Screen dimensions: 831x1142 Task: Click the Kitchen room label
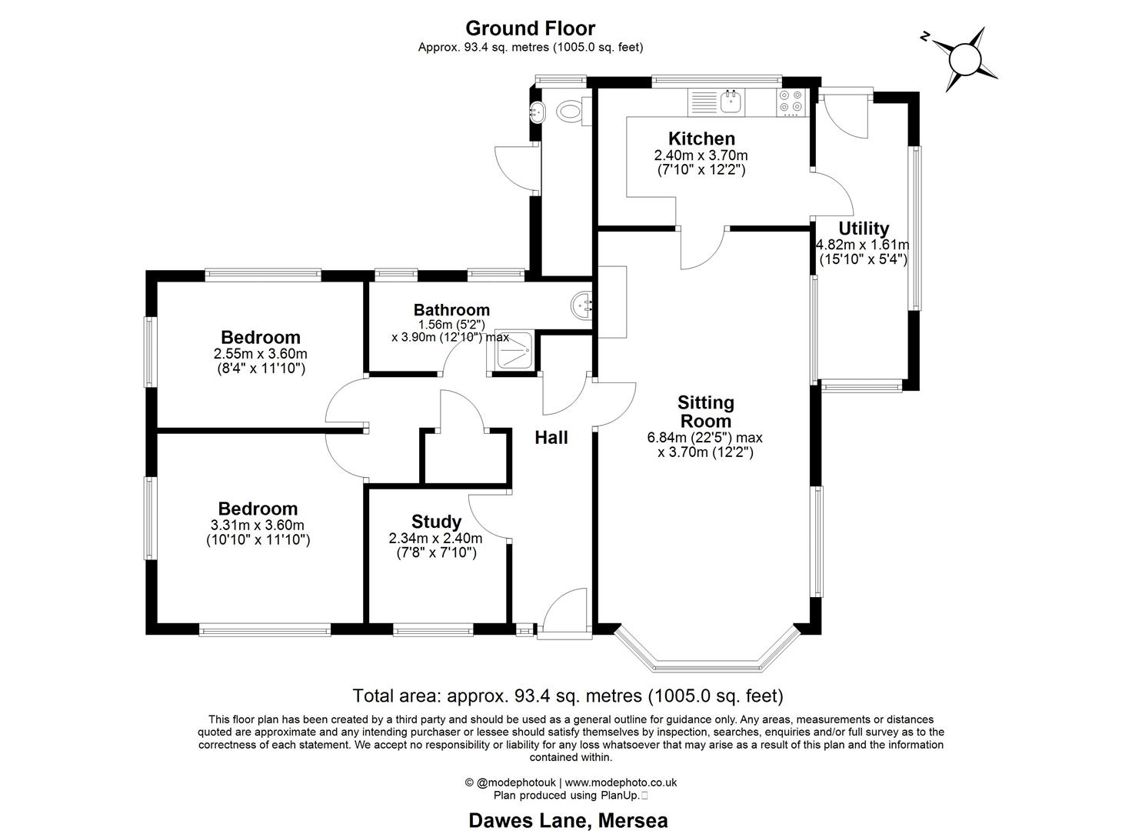[x=701, y=139]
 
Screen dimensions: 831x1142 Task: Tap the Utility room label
[x=863, y=229]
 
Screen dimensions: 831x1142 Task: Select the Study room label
[x=436, y=522]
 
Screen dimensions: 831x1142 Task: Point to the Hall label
[x=551, y=438]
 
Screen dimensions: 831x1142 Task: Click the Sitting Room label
[x=705, y=412]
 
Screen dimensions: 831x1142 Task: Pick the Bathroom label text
[x=451, y=310]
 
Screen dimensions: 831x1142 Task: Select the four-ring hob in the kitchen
[x=791, y=102]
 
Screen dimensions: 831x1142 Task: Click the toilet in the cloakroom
[x=570, y=112]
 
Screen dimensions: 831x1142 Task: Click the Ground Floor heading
[x=530, y=28]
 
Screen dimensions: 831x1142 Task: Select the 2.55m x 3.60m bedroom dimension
[x=260, y=354]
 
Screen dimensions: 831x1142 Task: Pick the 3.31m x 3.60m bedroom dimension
[x=258, y=526]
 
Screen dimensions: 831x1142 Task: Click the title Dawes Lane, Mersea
[x=568, y=820]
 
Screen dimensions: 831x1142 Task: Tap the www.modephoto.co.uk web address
[x=621, y=783]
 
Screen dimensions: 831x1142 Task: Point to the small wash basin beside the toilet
[x=538, y=112]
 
